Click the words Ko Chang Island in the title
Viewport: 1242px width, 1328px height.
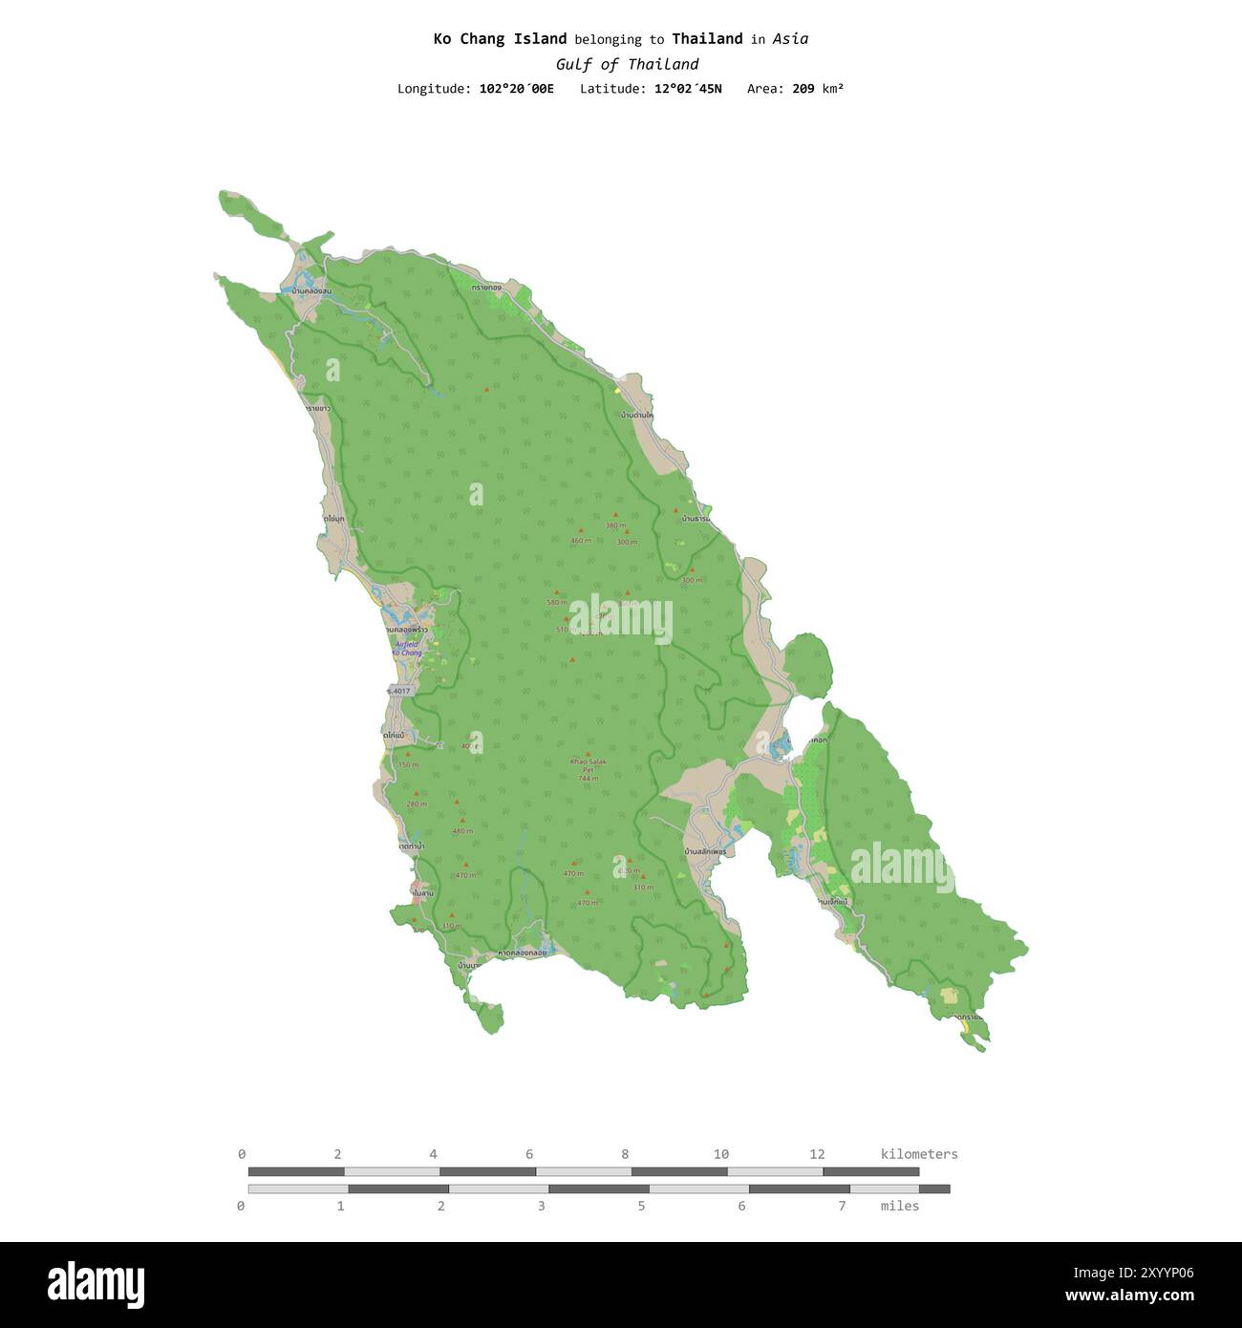500,39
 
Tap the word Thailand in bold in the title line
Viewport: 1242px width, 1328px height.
707,39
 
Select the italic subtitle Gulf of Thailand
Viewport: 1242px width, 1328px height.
627,64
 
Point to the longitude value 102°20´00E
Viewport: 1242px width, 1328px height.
516,89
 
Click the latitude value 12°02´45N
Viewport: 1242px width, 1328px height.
688,89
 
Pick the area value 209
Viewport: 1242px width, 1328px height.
803,89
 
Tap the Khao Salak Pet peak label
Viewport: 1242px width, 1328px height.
588,765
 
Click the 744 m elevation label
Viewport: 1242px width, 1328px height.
588,778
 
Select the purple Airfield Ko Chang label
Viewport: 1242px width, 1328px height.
407,649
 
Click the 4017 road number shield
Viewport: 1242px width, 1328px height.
399,691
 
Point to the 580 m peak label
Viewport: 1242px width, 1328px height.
556,603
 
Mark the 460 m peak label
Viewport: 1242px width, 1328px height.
581,541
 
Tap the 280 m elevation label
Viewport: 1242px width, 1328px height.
417,804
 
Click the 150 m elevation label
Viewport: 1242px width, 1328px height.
408,765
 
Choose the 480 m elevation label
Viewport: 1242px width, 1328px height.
462,831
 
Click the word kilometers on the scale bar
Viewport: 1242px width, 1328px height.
918,1154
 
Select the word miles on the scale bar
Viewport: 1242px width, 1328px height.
899,1206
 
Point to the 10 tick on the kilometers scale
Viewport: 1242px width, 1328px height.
720,1154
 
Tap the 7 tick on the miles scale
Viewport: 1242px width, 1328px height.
842,1206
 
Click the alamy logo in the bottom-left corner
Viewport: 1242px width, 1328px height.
96,1284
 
